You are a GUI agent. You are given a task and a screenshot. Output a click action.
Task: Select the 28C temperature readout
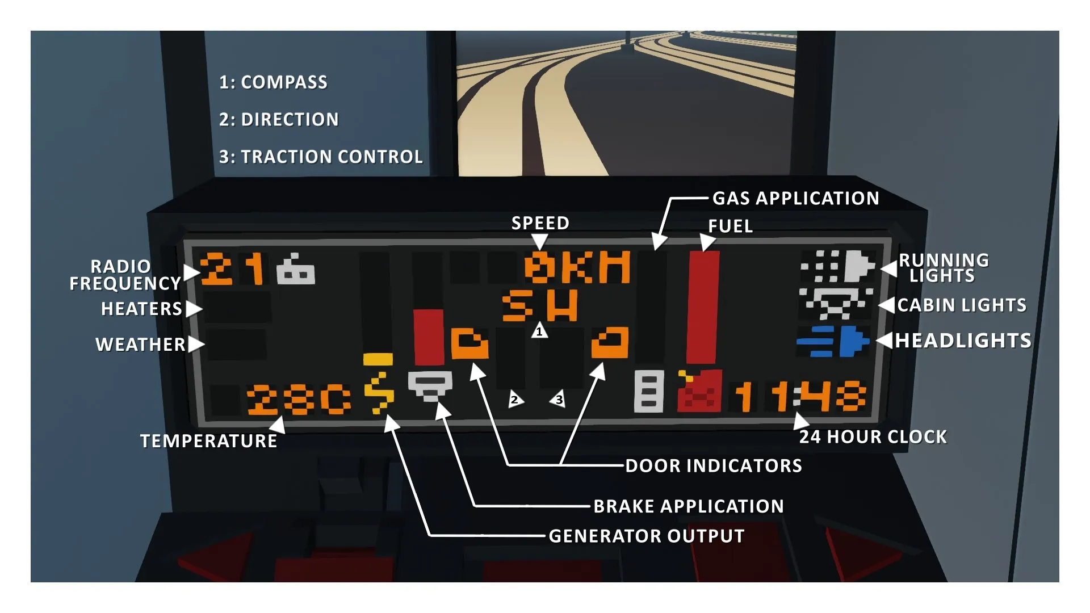click(299, 400)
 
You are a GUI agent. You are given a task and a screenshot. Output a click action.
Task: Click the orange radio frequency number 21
click(232, 268)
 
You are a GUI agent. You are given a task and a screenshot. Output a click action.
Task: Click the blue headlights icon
click(833, 341)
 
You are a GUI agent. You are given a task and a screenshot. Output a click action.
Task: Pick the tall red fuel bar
click(703, 307)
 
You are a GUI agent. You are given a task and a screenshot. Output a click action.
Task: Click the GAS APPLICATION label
click(795, 199)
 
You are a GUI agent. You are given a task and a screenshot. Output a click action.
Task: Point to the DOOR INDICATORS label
click(714, 466)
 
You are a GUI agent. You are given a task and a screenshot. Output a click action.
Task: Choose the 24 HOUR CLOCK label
click(873, 437)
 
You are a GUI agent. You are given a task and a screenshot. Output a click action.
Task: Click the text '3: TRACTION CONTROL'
click(321, 157)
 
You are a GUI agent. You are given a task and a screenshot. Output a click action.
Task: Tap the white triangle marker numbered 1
click(539, 330)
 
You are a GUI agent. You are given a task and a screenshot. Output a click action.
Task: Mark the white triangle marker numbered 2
click(515, 399)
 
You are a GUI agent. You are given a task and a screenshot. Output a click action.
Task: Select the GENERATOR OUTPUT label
click(647, 536)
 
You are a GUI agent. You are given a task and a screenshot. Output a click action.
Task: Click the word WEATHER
click(140, 345)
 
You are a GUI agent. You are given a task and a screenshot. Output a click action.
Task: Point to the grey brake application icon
click(430, 385)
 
